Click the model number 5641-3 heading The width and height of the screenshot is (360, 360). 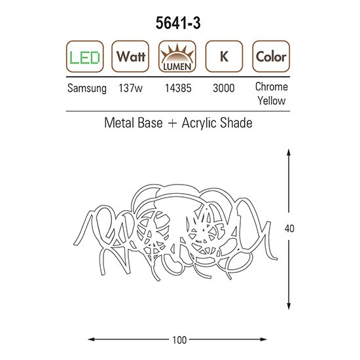178,23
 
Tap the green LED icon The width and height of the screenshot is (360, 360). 85,56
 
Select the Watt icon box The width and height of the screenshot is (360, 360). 130,56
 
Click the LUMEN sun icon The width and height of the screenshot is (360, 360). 177,56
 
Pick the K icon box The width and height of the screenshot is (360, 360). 224,56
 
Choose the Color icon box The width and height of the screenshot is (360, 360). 271,56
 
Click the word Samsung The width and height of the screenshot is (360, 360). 87,88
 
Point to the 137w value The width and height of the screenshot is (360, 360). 130,88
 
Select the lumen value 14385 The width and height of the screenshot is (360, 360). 178,88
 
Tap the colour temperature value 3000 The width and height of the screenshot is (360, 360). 224,88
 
